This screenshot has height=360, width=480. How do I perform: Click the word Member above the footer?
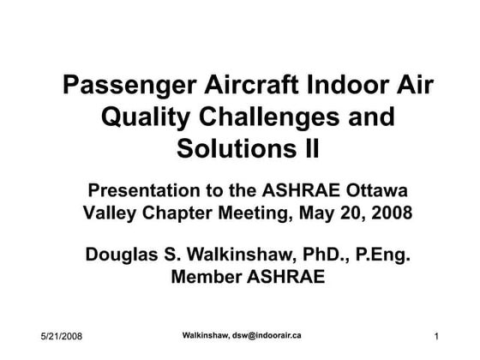click(209, 277)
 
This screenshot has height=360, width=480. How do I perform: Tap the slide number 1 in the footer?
click(436, 335)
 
